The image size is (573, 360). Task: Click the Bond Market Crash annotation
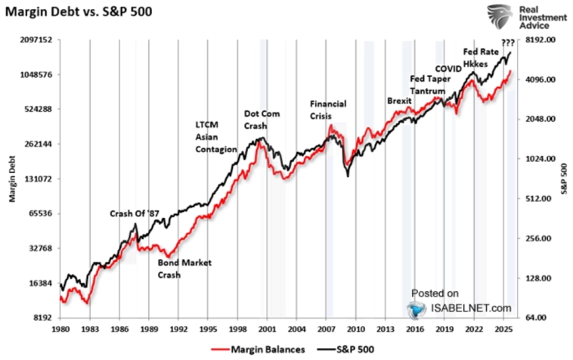tap(184, 268)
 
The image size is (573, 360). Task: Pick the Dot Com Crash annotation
tap(262, 119)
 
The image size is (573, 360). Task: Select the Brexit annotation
tap(398, 100)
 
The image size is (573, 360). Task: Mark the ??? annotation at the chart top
tap(507, 42)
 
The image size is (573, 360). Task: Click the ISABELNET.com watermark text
tap(468, 307)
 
